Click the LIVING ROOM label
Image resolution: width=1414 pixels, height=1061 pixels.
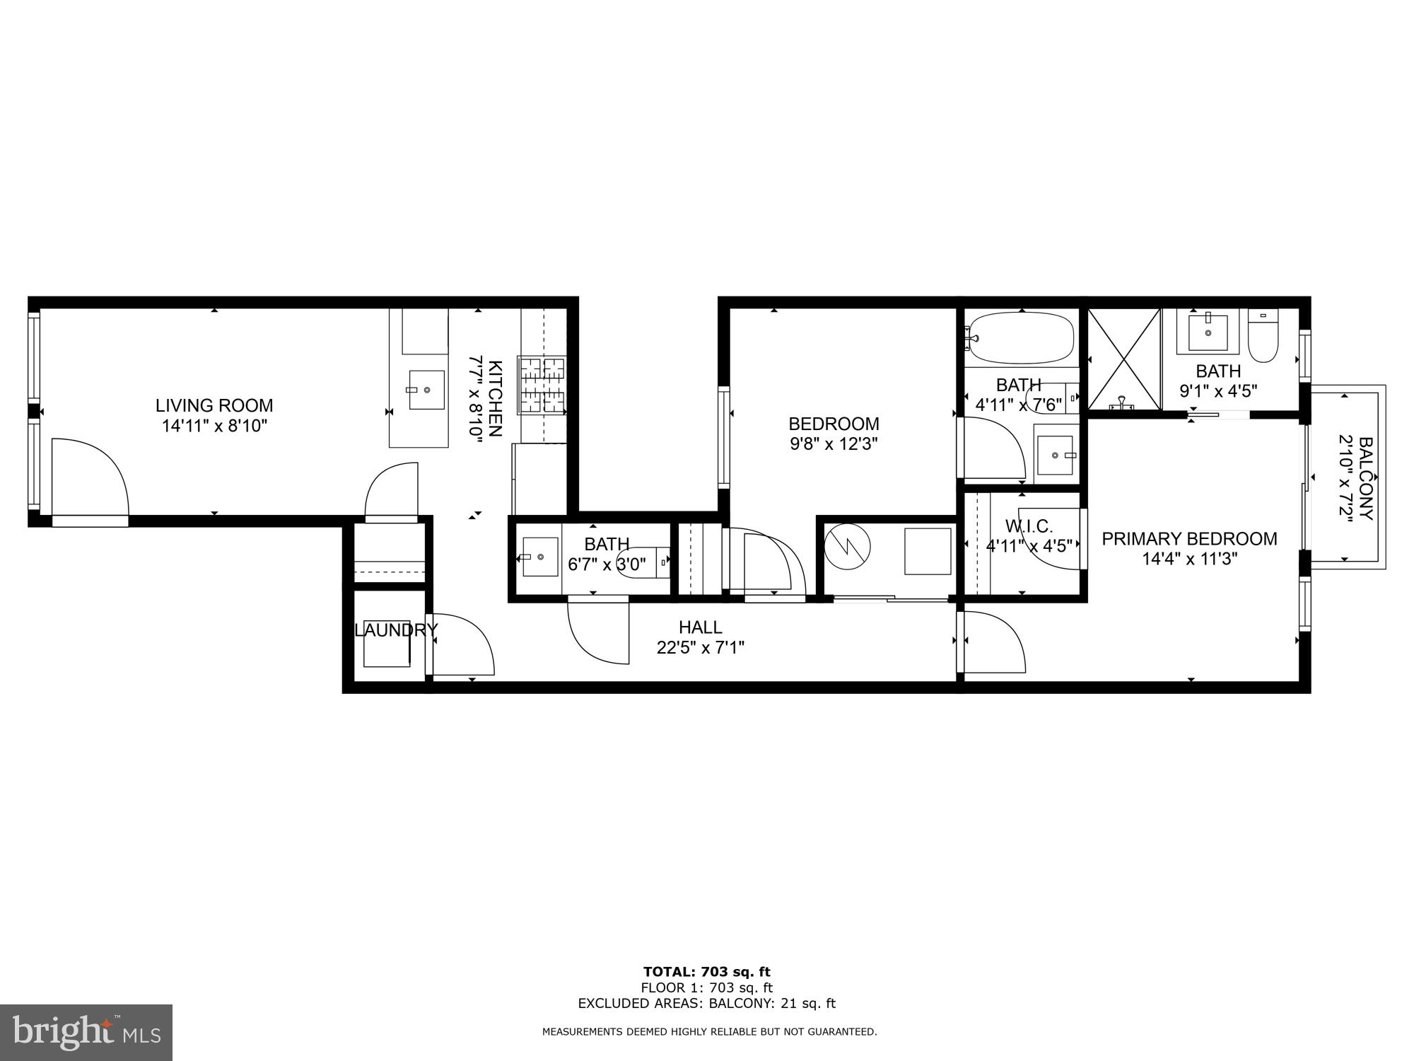pos(214,405)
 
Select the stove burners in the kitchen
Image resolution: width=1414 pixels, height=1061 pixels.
pos(543,385)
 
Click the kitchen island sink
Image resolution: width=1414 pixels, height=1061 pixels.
pos(426,390)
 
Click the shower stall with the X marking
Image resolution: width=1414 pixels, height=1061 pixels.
pos(1123,359)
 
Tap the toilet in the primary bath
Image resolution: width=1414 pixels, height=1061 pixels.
pos(1262,340)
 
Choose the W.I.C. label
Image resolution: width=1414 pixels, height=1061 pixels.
pos(1029,526)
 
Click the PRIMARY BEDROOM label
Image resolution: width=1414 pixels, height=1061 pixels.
pos(1189,539)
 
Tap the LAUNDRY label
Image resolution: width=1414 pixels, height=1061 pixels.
pos(396,630)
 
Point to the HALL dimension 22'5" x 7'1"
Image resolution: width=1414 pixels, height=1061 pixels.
pos(700,647)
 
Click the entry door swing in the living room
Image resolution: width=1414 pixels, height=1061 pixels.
pos(88,477)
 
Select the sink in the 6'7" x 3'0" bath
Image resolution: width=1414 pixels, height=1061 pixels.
pos(540,557)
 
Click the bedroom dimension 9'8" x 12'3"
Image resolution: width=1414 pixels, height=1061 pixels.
pos(834,444)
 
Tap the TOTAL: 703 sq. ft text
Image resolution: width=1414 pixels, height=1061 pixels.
pos(706,972)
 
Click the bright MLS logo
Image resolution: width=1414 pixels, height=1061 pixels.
pos(86,1033)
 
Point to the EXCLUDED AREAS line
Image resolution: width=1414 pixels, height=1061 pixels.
pos(706,1003)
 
